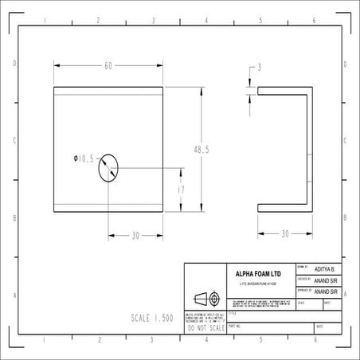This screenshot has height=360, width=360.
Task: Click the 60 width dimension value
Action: coord(108,65)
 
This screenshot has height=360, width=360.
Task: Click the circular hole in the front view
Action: coord(108,168)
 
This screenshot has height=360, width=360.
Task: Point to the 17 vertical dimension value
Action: coord(181,190)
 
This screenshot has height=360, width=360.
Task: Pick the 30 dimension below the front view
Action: coord(135,236)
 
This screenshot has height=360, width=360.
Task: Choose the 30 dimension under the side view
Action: coord(284,234)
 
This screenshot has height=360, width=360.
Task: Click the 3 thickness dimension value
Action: coord(259,68)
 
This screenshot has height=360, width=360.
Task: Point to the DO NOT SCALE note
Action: coord(204,327)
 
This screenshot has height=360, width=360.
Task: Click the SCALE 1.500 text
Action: coord(151,317)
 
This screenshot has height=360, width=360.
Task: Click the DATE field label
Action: coord(319,327)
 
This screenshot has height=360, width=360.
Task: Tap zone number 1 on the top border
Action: coord(44,20)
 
